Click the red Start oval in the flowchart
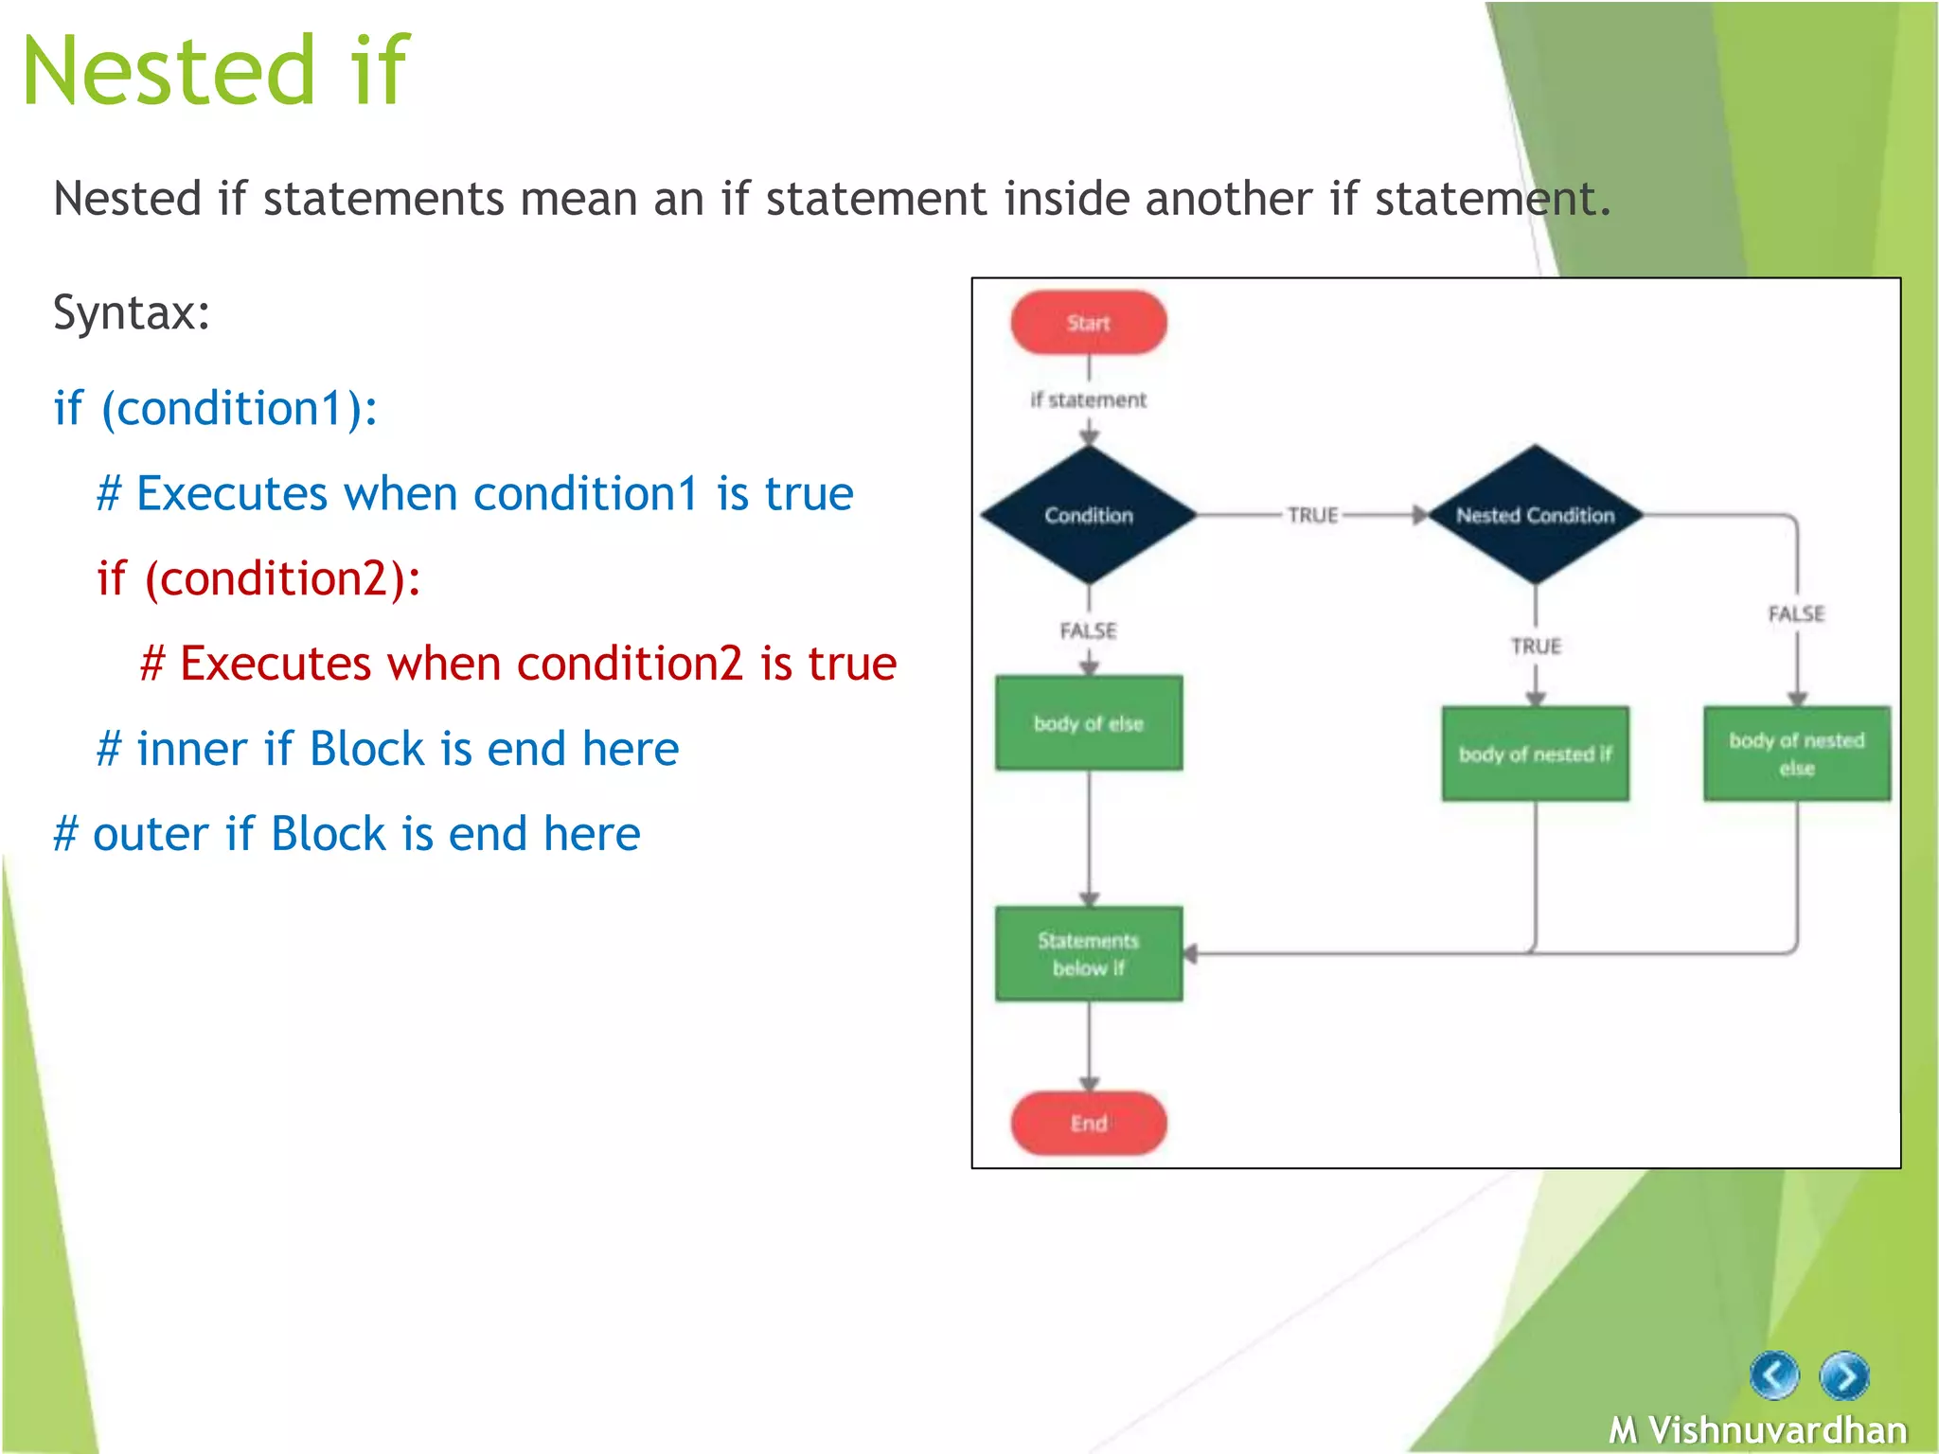[1088, 323]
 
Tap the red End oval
[1088, 1123]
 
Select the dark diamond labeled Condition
[1088, 515]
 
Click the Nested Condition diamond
[1535, 515]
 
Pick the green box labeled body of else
[1088, 723]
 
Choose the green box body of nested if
[1535, 754]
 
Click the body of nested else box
[1796, 754]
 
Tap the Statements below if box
[1088, 953]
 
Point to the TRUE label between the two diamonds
[1312, 515]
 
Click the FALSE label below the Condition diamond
[1088, 630]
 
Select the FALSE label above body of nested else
[1796, 613]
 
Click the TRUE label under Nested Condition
[1535, 646]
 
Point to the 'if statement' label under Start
[1088, 399]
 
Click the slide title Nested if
[216, 70]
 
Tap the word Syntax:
[132, 312]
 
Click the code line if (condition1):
[216, 409]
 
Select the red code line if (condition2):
[258, 578]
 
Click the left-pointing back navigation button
[1773, 1374]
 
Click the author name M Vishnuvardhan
[1757, 1429]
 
